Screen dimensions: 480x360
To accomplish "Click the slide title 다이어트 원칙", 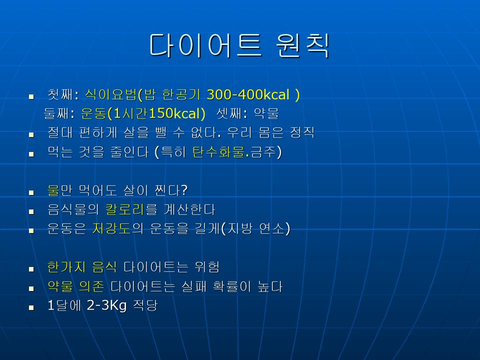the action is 239,45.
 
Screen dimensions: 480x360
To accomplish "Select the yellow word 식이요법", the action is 110,94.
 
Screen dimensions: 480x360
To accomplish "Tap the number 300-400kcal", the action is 248,94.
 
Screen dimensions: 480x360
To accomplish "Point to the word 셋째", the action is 228,113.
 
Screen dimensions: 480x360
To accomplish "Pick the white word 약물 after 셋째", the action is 266,113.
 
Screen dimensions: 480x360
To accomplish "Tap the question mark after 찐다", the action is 184,190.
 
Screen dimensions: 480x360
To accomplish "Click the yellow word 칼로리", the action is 124,209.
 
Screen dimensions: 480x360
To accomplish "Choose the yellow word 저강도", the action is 111,228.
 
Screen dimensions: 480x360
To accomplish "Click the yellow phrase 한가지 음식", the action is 81,267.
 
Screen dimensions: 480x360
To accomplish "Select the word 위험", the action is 207,267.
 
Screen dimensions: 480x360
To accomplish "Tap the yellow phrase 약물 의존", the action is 75,286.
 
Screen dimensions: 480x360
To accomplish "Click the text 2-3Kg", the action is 106,305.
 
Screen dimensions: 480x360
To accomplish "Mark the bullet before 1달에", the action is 31,307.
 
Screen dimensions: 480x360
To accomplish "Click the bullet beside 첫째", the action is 31,97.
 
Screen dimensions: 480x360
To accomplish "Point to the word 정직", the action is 302,132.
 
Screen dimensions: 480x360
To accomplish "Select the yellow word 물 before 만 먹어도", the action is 53,190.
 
